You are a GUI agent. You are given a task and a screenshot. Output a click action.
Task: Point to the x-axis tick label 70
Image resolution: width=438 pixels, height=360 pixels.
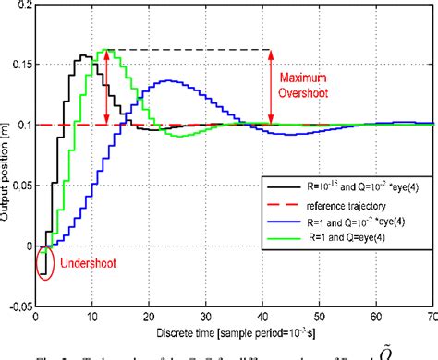point(432,319)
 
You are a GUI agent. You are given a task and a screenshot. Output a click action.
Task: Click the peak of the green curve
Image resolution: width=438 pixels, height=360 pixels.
point(107,50)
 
